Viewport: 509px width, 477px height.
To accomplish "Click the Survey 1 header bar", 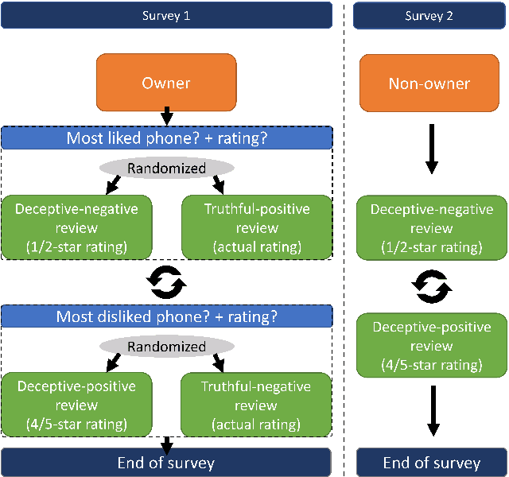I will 166,15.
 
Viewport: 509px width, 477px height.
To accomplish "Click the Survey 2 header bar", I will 430,15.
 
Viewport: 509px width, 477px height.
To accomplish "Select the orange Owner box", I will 166,83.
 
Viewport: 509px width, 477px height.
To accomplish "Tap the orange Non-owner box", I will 429,83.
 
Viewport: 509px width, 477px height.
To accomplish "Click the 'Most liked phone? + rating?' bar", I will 166,138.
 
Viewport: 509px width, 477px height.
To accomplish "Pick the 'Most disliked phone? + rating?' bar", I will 166,316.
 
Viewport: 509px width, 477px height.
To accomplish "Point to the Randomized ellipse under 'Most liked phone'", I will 166,168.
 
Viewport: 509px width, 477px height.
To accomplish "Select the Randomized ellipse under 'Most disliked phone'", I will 166,347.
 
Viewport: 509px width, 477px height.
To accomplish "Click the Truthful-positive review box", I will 256,226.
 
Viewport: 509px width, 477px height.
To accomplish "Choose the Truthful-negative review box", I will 256,404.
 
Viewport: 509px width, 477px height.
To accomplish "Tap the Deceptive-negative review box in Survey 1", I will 76,226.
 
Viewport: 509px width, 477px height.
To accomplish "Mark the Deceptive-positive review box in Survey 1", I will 76,404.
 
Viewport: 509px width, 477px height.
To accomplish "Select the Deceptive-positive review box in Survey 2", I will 432,346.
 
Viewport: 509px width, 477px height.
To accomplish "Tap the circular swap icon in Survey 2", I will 432,286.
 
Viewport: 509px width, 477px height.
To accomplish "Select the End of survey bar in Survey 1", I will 166,462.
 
